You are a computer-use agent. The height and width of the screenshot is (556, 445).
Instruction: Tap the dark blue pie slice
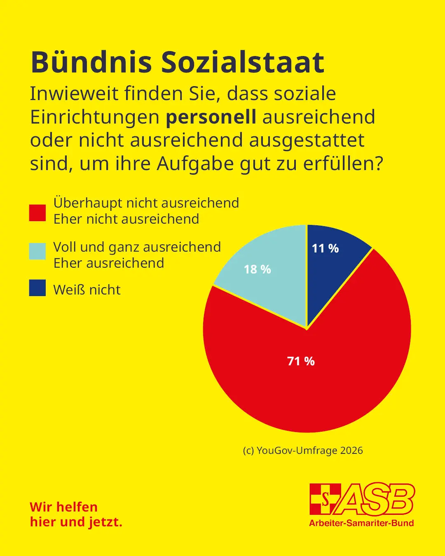click(x=330, y=264)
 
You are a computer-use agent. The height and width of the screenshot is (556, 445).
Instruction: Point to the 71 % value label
click(x=301, y=361)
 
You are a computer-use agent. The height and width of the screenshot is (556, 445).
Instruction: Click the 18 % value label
click(x=257, y=269)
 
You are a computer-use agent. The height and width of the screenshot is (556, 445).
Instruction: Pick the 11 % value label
click(x=325, y=248)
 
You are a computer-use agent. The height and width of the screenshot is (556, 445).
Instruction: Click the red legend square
click(x=37, y=213)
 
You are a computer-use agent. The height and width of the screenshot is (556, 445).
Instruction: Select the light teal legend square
click(x=37, y=251)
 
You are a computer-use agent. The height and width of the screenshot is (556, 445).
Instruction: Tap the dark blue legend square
click(x=37, y=288)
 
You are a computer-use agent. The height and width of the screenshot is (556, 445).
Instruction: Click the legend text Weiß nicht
click(x=87, y=290)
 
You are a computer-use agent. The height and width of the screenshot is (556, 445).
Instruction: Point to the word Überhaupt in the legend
click(x=88, y=203)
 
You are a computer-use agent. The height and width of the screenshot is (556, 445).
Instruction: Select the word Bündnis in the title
click(x=91, y=63)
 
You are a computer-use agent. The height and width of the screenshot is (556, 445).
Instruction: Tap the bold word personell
click(x=211, y=117)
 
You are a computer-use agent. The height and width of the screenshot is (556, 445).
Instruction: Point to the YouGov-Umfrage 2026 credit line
click(x=303, y=451)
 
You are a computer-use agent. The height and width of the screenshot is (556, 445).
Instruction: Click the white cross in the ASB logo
click(x=325, y=499)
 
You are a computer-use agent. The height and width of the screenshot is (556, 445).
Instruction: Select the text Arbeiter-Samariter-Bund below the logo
click(x=361, y=523)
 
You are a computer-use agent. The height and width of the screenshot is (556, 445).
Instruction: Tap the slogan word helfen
click(x=77, y=507)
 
